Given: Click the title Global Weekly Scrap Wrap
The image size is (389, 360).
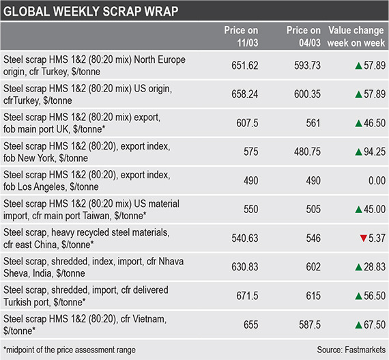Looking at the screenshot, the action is point(91,11).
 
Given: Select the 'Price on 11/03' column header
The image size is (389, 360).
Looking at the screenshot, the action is point(241,36).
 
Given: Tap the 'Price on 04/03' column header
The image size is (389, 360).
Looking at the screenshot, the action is point(304,36).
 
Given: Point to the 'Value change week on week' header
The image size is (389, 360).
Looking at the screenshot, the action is point(356,36).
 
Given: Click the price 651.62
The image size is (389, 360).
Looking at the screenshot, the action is point(245,66).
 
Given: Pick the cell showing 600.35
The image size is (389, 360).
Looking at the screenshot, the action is point(307,94).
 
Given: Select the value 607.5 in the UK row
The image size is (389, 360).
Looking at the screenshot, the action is point(247,123).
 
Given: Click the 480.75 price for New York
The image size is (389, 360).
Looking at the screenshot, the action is point(307,152).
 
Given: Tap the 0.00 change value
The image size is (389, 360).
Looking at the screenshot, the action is point(377,180).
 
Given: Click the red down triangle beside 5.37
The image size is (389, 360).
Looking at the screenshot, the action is point(364,238).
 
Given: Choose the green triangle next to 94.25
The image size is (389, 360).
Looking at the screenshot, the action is point(359,152).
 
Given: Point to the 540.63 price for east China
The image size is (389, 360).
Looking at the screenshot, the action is point(245,238).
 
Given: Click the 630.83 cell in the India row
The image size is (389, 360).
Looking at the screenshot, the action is point(245,267).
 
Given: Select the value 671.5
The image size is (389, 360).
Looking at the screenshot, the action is point(247,296).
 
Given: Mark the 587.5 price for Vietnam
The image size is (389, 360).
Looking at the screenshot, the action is point(310,324).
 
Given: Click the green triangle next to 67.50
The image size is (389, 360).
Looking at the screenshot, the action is point(359,325).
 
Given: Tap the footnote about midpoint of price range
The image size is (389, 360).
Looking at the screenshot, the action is point(70,350).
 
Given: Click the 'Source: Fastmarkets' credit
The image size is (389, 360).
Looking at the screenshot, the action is point(351,350).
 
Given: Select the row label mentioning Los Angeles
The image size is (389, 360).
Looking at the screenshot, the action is point(87,181).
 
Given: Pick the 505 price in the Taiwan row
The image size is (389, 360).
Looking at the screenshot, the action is point(313,209).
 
